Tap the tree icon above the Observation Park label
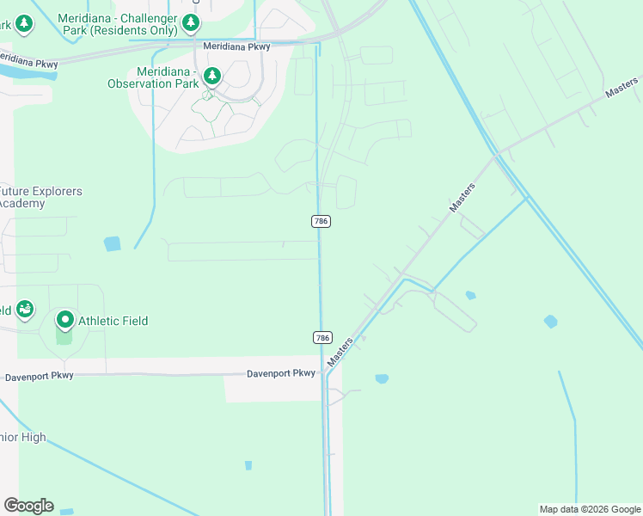pos(212,77)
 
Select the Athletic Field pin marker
pos(65,321)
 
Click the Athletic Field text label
pos(113,321)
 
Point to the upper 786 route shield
pos(321,221)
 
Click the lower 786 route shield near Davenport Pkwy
pos(321,338)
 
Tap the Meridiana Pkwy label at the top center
pos(236,46)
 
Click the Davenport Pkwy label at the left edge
pos(39,377)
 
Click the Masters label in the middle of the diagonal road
pos(462,197)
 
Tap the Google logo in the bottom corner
pos(28,506)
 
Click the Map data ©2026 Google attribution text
pos(589,509)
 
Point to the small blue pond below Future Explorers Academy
pos(113,243)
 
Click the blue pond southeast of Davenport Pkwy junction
pos(382,378)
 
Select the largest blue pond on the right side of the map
pos(550,322)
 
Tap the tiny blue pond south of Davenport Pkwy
pos(248,465)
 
